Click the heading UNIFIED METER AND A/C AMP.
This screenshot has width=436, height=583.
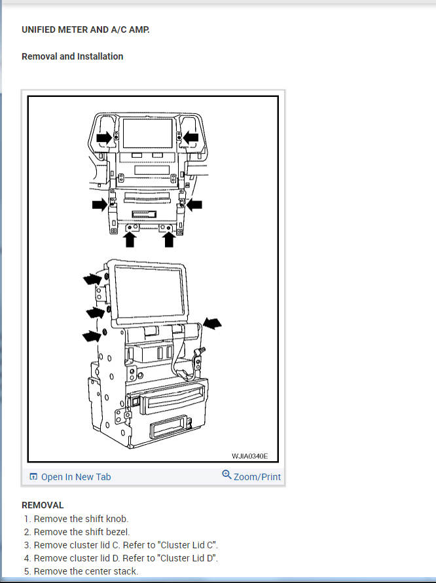pos(85,29)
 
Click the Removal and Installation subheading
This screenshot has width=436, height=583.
pos(72,56)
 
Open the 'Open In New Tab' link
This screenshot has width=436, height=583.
pos(76,477)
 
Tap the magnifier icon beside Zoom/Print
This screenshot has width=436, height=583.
pos(227,475)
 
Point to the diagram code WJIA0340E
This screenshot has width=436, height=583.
pos(249,456)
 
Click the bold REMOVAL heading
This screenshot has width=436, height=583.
pos(43,505)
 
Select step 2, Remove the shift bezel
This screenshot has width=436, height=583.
pos(82,532)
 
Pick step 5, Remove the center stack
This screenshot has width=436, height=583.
pos(86,571)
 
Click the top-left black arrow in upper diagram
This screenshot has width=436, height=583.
pos(103,138)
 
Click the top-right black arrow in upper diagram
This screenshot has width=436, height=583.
pos(191,137)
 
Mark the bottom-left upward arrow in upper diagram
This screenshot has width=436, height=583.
pos(130,240)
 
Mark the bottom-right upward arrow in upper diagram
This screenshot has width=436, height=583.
pos(169,240)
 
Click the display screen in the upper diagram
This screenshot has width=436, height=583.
pos(147,133)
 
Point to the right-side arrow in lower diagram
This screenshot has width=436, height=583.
pos(213,323)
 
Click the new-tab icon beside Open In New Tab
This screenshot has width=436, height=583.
pos(33,477)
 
